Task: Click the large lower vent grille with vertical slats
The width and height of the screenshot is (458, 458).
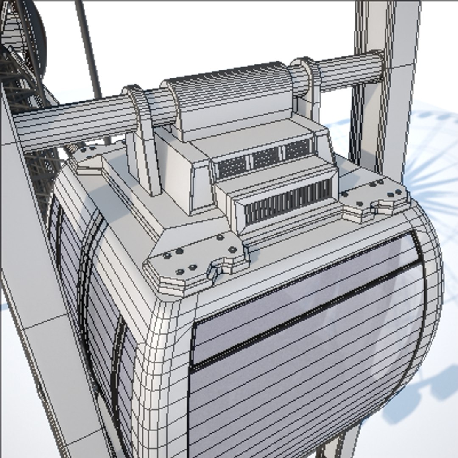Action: [288, 203]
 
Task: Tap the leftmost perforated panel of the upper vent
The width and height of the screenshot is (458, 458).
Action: [232, 166]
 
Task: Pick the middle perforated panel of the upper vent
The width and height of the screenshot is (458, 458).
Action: [266, 157]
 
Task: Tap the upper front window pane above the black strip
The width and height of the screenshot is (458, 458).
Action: [297, 293]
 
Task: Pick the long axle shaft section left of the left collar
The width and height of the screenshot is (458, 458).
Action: [72, 123]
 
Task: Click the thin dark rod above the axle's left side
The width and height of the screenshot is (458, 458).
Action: [89, 47]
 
